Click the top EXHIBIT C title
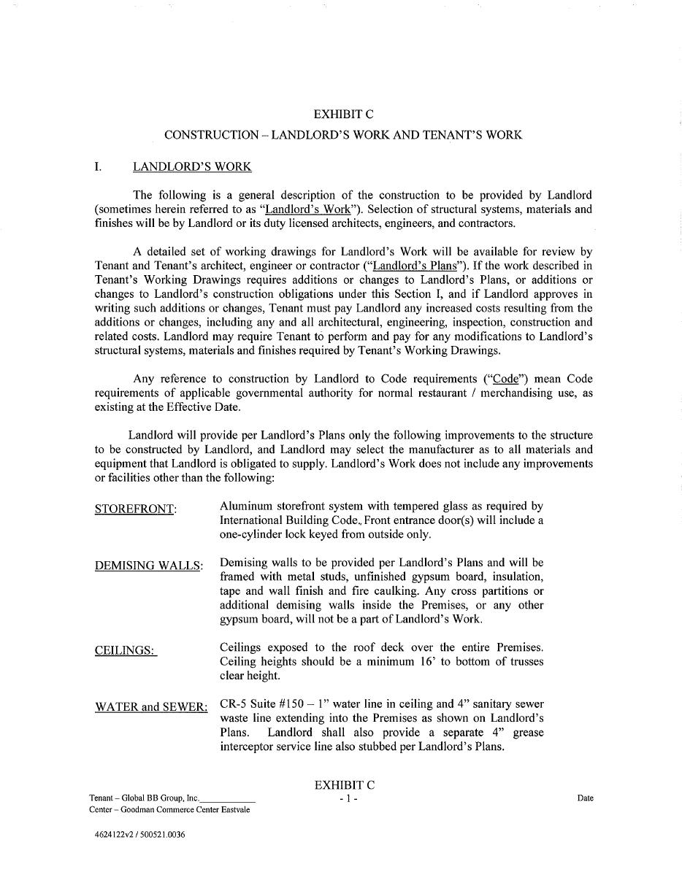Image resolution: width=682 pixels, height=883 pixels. coord(343,114)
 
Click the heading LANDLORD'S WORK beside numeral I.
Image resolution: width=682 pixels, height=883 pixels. coord(192,167)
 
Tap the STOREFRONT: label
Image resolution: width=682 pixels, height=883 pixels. coord(135,509)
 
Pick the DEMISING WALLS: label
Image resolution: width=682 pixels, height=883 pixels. coord(149,566)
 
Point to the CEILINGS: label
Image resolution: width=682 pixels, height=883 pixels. coord(125,650)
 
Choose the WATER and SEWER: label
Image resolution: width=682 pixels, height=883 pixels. coord(151,707)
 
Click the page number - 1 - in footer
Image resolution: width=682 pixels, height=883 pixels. coord(348,798)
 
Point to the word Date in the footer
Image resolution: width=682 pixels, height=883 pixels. coord(585,798)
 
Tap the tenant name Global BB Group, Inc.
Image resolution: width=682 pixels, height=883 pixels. coord(160,798)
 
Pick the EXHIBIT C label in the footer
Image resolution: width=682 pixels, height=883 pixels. coord(345,785)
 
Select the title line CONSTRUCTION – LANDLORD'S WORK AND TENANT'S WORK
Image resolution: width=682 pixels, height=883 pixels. coord(343,135)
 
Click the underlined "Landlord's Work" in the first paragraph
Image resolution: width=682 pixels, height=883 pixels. coord(307,209)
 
